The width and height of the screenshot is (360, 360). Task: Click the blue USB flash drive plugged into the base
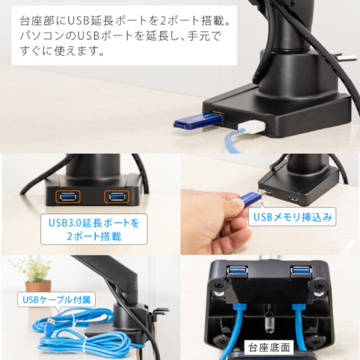point(198,120)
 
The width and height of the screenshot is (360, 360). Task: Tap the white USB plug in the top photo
point(252,128)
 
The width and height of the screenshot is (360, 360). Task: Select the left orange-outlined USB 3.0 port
point(68,197)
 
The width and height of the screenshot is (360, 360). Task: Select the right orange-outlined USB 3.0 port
point(117,197)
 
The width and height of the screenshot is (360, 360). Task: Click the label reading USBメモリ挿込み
point(292,217)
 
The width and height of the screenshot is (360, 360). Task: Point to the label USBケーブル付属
point(56,300)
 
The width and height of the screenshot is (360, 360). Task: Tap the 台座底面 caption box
point(269,348)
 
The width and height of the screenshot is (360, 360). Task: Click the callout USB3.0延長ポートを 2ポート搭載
point(94,229)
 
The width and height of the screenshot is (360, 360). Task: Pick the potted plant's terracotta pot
point(38,286)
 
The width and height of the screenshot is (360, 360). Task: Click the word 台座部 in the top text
point(37,21)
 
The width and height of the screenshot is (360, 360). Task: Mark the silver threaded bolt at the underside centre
point(269,323)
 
